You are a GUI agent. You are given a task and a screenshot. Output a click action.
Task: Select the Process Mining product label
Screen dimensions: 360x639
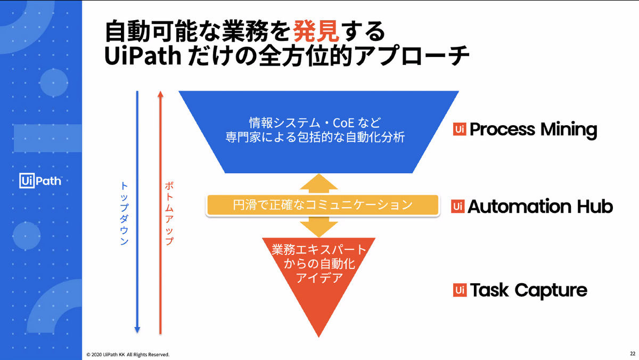click(x=533, y=129)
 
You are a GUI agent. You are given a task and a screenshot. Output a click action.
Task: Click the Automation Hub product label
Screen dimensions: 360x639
click(x=540, y=206)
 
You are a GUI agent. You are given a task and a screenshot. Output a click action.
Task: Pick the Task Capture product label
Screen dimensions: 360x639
click(x=528, y=290)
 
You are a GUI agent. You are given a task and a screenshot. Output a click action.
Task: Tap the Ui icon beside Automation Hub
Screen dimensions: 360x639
click(x=458, y=206)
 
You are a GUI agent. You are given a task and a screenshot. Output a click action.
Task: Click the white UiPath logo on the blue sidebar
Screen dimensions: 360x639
click(x=40, y=181)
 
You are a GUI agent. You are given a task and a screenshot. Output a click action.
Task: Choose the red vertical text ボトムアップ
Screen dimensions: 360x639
click(x=169, y=213)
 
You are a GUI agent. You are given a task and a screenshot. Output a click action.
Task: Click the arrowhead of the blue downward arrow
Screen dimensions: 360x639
click(x=137, y=330)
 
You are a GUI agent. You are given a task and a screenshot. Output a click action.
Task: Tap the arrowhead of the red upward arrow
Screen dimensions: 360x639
click(x=160, y=94)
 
